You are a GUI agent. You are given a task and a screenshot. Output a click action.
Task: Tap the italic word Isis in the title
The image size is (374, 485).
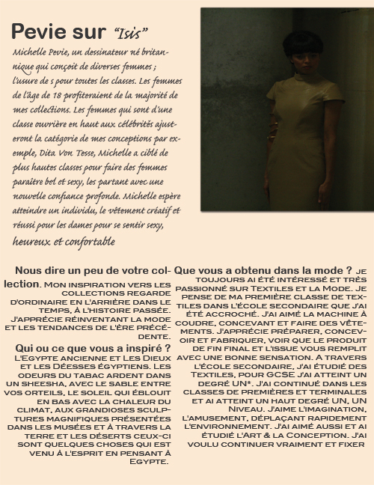pyautogui.click(x=131, y=32)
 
